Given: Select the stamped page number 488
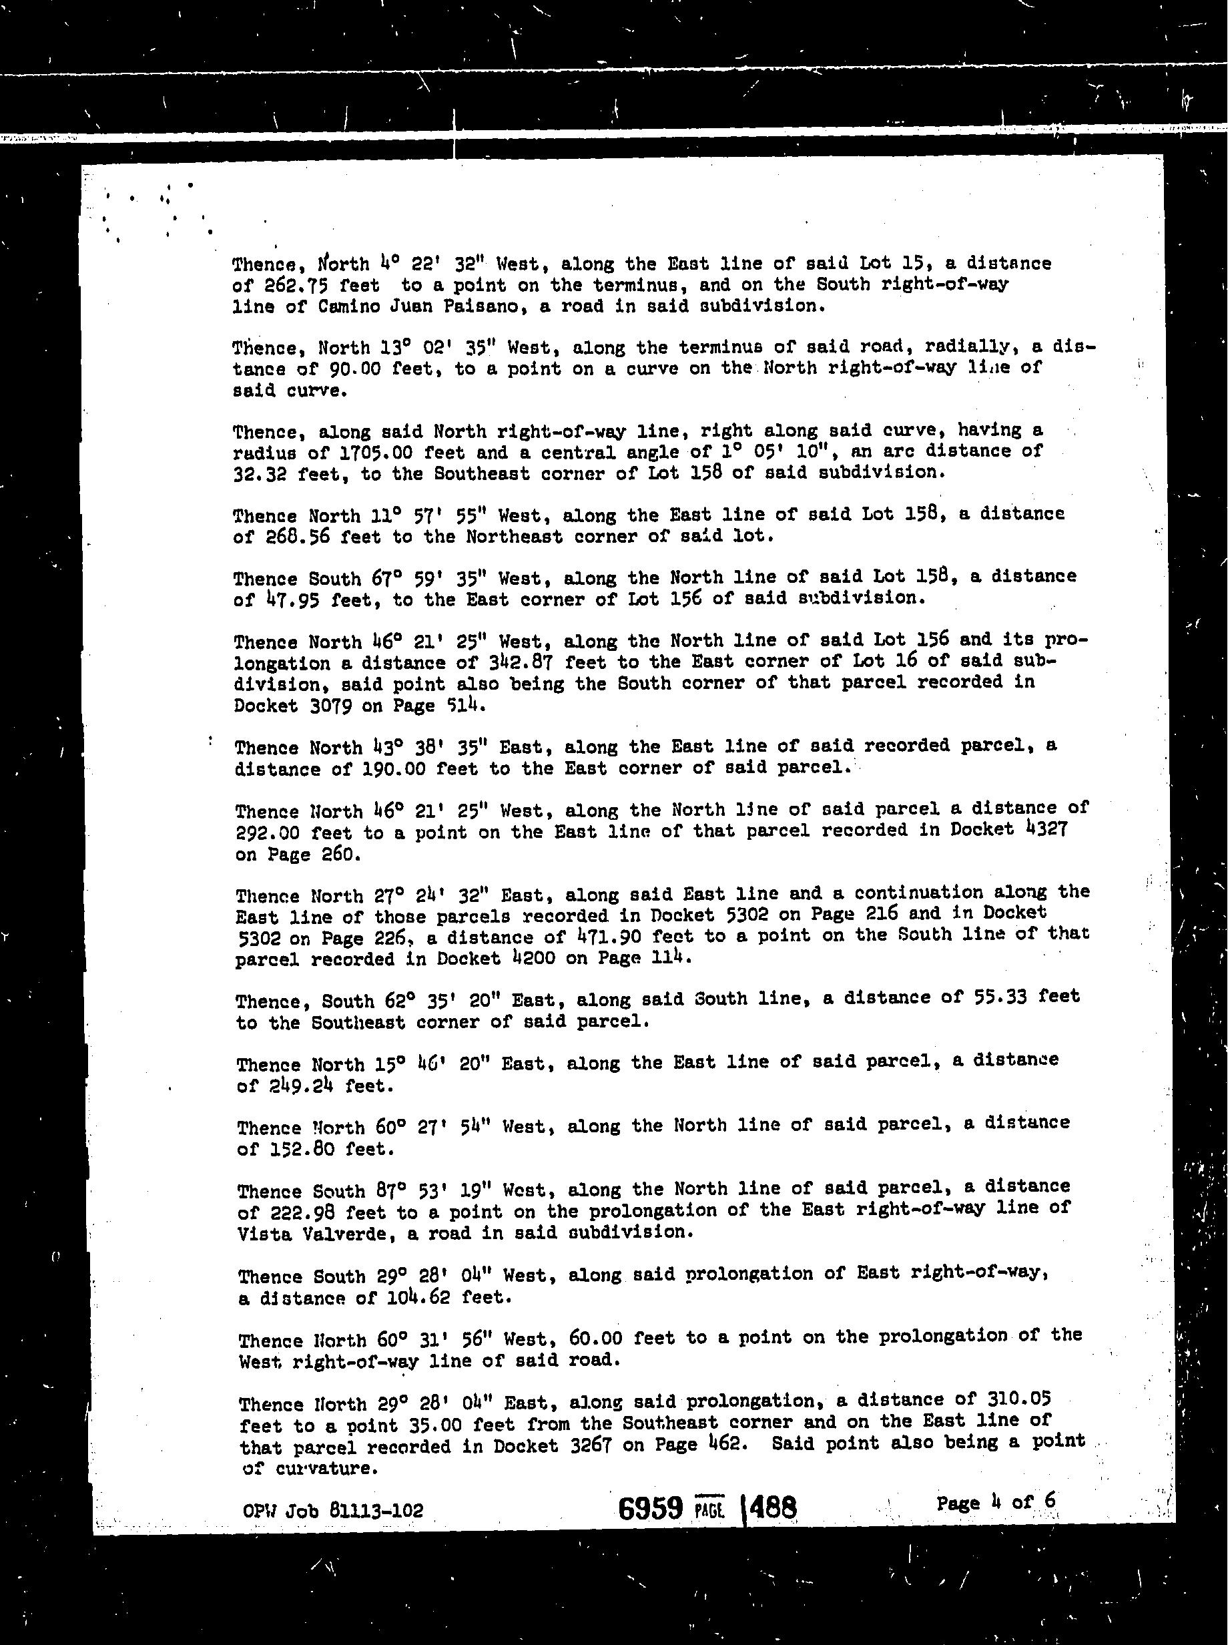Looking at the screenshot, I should pyautogui.click(x=773, y=1508).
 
